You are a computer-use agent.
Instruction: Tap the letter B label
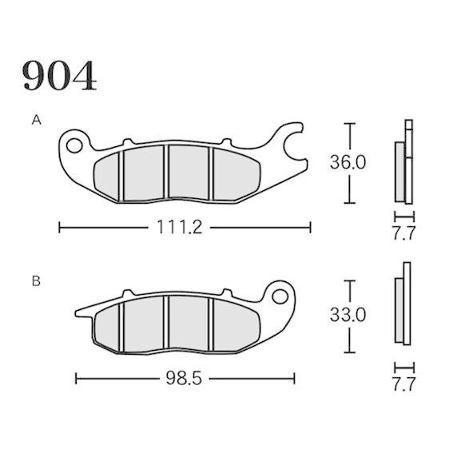(36, 281)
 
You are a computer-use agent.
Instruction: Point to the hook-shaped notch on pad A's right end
(293, 145)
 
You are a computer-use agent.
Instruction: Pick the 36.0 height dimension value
(348, 163)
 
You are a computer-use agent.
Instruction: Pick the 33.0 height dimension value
(348, 316)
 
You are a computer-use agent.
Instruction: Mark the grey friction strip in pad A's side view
(399, 171)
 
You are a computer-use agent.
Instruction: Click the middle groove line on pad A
(165, 172)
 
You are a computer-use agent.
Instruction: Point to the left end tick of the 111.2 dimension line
(60, 228)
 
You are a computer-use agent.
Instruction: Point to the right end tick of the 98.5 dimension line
(294, 377)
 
